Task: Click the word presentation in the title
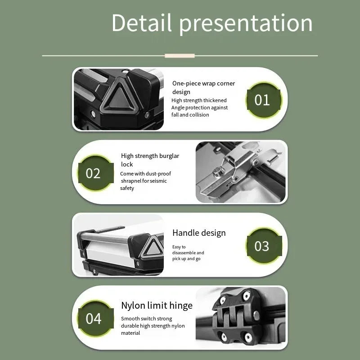click(x=246, y=24)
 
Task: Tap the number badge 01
click(x=264, y=100)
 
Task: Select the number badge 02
click(x=96, y=173)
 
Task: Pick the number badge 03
click(x=264, y=246)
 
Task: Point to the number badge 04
click(x=96, y=318)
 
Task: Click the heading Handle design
click(x=199, y=233)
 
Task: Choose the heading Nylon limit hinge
click(x=157, y=306)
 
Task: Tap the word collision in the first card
click(x=199, y=115)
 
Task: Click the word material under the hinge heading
click(x=130, y=333)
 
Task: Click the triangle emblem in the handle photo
click(x=153, y=247)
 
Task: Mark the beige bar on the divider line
click(x=180, y=55)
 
